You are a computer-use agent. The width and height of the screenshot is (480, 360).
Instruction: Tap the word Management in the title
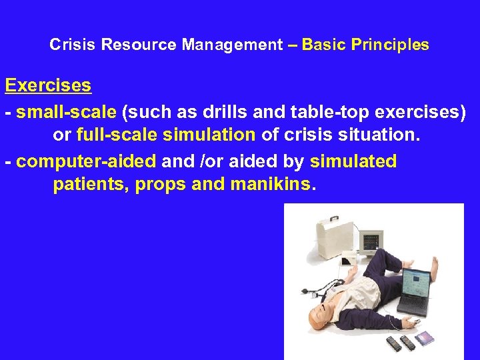[233, 45]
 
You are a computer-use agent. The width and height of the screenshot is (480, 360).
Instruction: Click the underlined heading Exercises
[48, 85]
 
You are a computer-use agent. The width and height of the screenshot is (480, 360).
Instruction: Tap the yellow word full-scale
[117, 135]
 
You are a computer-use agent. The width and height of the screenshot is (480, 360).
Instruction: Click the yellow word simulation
[209, 135]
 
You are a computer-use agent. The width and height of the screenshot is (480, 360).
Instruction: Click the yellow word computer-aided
[86, 161]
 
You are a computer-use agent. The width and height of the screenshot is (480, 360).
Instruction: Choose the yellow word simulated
[353, 161]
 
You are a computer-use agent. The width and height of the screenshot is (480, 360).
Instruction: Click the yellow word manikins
[271, 184]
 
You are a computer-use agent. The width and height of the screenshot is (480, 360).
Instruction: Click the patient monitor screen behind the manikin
[370, 242]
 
